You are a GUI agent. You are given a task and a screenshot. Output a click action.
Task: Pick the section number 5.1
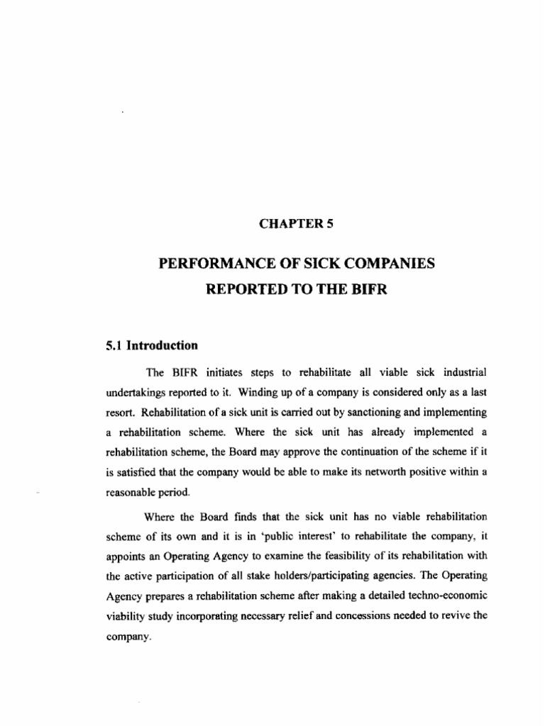coord(114,345)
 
